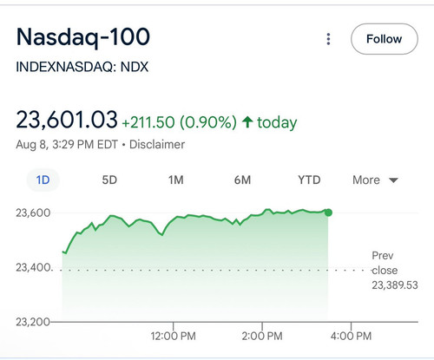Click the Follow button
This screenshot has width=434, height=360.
pos(385,39)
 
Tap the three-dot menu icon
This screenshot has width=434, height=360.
pos(328,39)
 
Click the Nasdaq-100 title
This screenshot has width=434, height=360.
pos(83,37)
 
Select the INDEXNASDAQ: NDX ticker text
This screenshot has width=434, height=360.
pos(82,67)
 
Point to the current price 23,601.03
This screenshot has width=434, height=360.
pos(67,120)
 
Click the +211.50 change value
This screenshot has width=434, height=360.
pos(148,122)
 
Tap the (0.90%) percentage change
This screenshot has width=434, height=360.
pos(208,122)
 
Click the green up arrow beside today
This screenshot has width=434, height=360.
pos(247,121)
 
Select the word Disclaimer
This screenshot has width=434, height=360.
pos(157,144)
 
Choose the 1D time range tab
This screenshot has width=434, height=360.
pos(43,180)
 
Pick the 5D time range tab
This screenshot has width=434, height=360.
pos(109,180)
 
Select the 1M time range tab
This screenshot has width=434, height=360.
pos(176,180)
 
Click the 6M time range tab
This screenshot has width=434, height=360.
pos(242,180)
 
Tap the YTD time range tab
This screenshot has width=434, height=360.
pos(309,180)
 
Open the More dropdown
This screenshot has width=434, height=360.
pos(375,180)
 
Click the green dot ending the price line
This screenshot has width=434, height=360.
pos(328,213)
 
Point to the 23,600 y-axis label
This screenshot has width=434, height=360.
pos(33,213)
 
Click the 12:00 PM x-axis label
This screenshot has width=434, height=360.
pos(173,336)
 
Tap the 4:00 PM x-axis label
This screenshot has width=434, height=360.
pos(351,336)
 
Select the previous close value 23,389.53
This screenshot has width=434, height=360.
pos(395,285)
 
